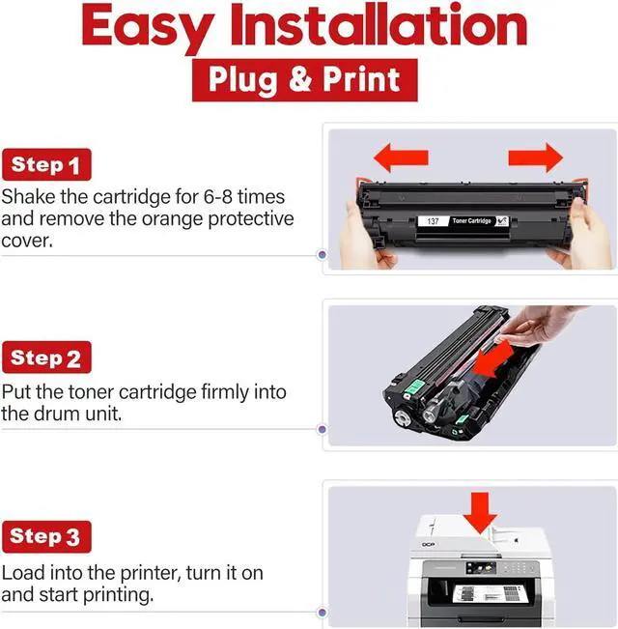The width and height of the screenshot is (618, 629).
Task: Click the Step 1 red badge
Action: (46, 164)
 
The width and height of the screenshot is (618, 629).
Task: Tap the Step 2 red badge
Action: (46, 357)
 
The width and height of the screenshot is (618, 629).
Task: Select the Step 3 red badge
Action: (46, 537)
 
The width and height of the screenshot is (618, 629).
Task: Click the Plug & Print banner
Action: (304, 80)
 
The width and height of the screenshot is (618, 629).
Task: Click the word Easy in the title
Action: (148, 27)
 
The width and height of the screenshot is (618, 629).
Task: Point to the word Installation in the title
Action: (378, 24)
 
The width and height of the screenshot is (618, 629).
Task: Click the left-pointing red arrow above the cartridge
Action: (401, 157)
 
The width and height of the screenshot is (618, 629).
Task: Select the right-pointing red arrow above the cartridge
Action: (536, 157)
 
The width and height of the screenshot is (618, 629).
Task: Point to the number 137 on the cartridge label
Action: (433, 221)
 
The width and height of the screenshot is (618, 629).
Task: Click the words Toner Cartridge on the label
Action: (472, 220)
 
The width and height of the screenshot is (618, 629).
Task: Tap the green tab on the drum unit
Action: (415, 387)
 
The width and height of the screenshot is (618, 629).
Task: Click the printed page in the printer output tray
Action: (491, 593)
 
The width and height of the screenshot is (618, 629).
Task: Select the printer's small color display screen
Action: (481, 567)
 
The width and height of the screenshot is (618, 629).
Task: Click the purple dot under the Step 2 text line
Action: (322, 430)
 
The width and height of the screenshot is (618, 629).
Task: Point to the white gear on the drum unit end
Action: (402, 417)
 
